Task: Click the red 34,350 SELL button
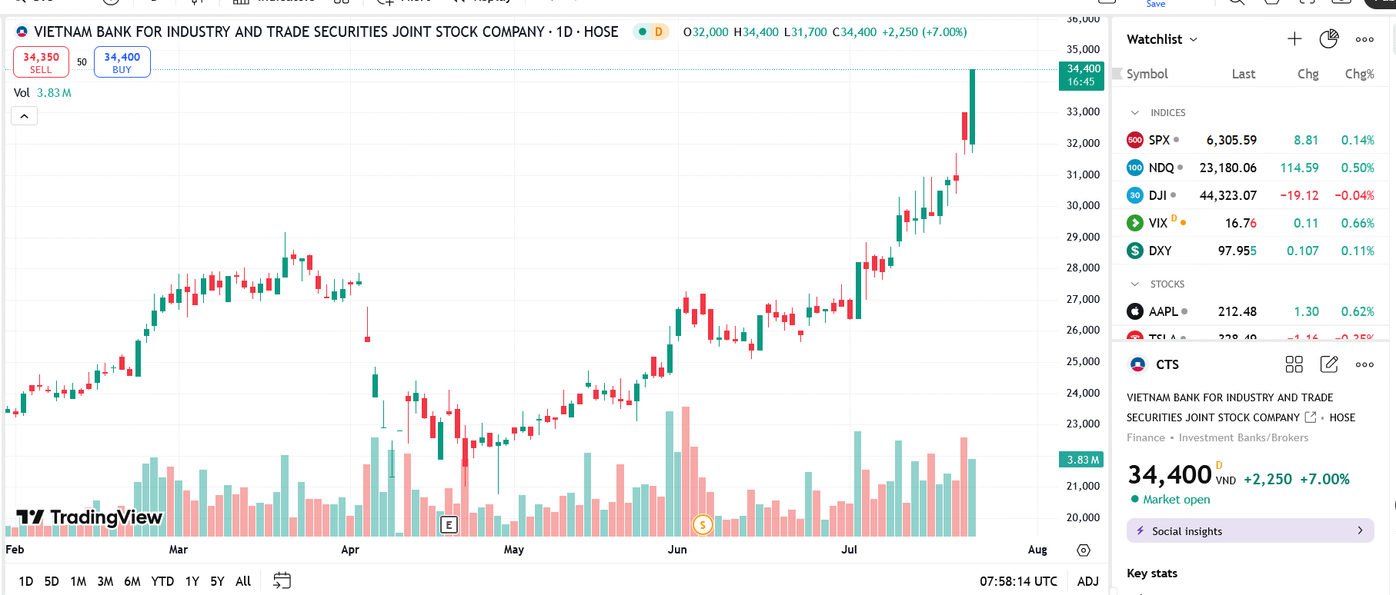[x=41, y=62]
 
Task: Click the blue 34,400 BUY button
[x=122, y=62]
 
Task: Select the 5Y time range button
[x=217, y=581]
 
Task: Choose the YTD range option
[x=162, y=581]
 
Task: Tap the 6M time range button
[x=132, y=581]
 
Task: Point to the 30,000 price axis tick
[x=1083, y=205]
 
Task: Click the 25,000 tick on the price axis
[x=1083, y=361]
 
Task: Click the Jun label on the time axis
[x=677, y=550]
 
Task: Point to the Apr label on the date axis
[x=350, y=550]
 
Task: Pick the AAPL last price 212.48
[x=1237, y=311]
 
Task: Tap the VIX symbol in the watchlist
[x=1157, y=223]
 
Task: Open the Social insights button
[x=1250, y=530]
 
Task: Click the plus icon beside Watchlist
[x=1294, y=39]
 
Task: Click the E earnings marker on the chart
[x=449, y=525]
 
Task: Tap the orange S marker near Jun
[x=703, y=525]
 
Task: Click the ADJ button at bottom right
[x=1087, y=581]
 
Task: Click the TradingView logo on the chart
[x=90, y=517]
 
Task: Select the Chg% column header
[x=1359, y=74]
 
